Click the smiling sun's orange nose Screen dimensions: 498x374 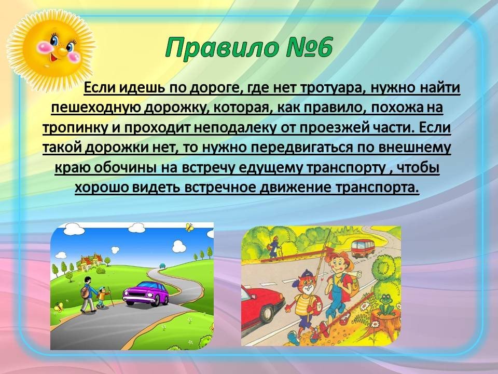click(61, 50)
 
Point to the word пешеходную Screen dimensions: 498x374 click(96, 108)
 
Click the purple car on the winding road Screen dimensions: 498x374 click(146, 293)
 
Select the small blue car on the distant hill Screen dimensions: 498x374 click(162, 265)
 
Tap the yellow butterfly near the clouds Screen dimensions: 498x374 click(190, 227)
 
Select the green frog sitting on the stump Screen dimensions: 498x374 click(385, 303)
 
